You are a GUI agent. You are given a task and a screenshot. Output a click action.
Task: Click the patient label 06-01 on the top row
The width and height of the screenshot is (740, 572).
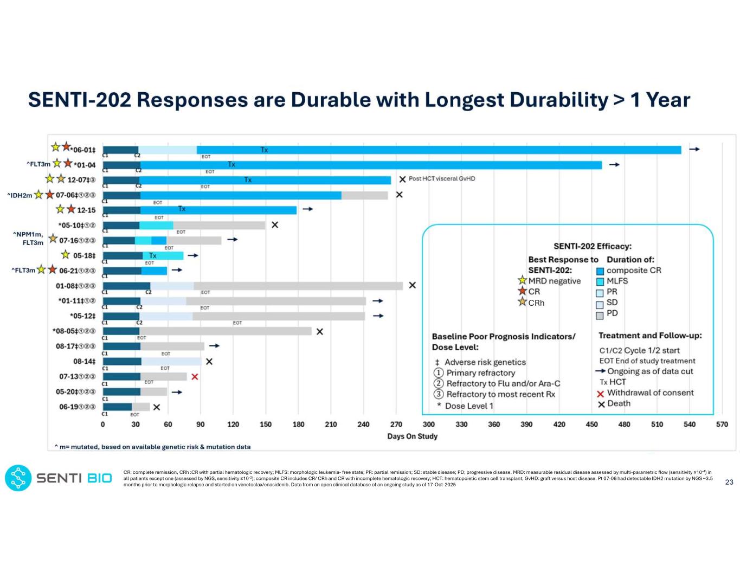point(84,150)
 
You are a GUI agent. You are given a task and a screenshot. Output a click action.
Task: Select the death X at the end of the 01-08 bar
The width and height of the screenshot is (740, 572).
point(412,285)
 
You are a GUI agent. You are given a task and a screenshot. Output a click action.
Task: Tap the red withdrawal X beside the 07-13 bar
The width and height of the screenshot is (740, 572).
point(195,376)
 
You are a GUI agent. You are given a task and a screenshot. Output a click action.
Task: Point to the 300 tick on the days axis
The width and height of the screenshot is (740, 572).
point(428,425)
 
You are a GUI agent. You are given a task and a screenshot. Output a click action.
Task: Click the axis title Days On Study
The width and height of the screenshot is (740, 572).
point(412,436)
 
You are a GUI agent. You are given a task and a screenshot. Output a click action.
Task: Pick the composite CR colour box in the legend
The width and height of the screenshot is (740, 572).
point(600,271)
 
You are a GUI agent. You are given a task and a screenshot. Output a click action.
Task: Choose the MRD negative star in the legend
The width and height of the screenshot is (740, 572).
point(522,280)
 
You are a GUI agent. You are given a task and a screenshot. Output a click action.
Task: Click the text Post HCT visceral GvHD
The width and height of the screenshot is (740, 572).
point(442,179)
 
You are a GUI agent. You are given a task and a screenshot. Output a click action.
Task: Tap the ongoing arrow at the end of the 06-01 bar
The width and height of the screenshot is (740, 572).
point(694,149)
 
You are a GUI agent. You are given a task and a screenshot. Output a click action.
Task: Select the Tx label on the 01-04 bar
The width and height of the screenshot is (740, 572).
point(231,164)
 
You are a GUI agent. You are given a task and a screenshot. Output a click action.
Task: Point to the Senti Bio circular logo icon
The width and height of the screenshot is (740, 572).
point(18,478)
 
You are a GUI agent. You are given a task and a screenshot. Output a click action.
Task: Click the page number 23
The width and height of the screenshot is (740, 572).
point(729,482)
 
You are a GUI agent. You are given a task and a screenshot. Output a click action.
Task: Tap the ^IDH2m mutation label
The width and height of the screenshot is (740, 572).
point(20,195)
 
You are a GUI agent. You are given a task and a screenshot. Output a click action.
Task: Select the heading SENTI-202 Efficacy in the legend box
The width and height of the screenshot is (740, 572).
point(592,246)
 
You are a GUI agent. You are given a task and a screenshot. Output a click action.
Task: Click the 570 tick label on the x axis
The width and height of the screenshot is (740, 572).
point(722,425)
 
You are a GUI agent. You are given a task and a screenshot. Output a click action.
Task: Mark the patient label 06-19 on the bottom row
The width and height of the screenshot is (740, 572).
point(71,407)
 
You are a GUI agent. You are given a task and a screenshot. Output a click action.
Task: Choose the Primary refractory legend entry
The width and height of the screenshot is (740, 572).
point(480,373)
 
